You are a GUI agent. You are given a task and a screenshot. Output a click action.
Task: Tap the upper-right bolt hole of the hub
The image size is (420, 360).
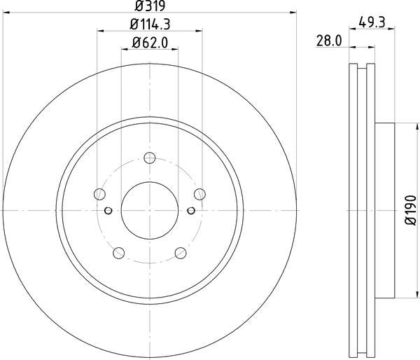pyautogui.click(x=200, y=194)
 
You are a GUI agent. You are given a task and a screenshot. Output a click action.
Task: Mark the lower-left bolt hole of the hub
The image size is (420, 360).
pyautogui.click(x=118, y=253)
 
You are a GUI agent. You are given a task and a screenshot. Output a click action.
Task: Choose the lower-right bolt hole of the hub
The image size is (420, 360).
pyautogui.click(x=181, y=253)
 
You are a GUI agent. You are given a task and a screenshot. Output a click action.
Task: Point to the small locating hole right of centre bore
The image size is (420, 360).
pyautogui.click(x=191, y=209)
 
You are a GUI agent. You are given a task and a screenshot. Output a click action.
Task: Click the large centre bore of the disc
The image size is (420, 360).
pyautogui.click(x=150, y=209)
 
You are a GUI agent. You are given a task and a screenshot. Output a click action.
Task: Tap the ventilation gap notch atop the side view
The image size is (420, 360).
pyautogui.click(x=362, y=68)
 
